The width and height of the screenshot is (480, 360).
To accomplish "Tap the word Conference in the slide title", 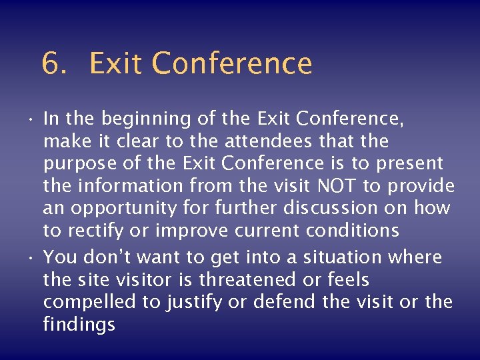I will [232, 64].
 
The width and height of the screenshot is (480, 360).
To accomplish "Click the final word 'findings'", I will [79, 325].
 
